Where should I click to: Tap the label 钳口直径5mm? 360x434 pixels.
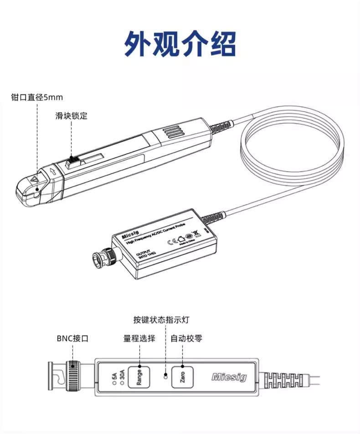(37, 97)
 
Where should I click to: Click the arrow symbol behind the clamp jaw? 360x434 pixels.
(53, 172)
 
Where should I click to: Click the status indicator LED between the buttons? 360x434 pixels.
(166, 376)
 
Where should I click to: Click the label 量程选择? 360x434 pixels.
(139, 338)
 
